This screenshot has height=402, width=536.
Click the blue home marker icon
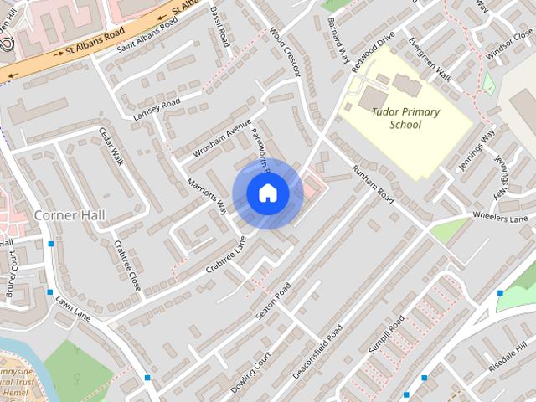click(267, 193)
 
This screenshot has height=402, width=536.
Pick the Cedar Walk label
click(111, 147)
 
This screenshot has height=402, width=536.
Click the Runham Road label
click(374, 184)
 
